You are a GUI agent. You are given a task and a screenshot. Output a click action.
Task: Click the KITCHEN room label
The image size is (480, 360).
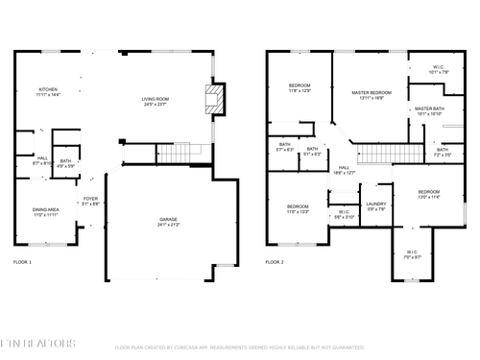[48, 92]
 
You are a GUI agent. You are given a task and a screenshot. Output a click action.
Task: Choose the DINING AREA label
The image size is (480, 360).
[46, 212]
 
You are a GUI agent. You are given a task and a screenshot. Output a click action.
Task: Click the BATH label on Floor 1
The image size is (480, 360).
[65, 163]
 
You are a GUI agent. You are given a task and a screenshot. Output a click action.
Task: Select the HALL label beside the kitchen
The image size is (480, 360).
[42, 160]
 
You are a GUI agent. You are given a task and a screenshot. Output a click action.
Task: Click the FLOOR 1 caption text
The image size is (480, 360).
[22, 261]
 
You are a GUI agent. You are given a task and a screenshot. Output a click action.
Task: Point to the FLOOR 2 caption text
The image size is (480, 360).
[275, 261]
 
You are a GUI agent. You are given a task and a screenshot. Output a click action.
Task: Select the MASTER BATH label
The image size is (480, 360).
[429, 111]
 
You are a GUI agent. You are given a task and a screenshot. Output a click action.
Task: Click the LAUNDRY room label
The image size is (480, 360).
[375, 205]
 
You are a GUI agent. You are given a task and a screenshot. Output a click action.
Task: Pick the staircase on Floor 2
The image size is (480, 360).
[376, 152]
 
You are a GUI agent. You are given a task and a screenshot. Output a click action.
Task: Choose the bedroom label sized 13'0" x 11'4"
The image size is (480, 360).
[428, 194]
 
